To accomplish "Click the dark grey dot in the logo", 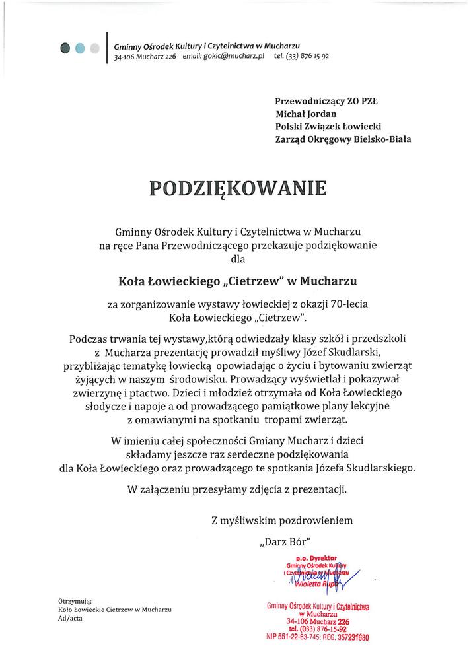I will pyautogui.click(x=65, y=47).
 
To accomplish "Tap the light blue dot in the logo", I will pyautogui.click(x=80, y=47).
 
